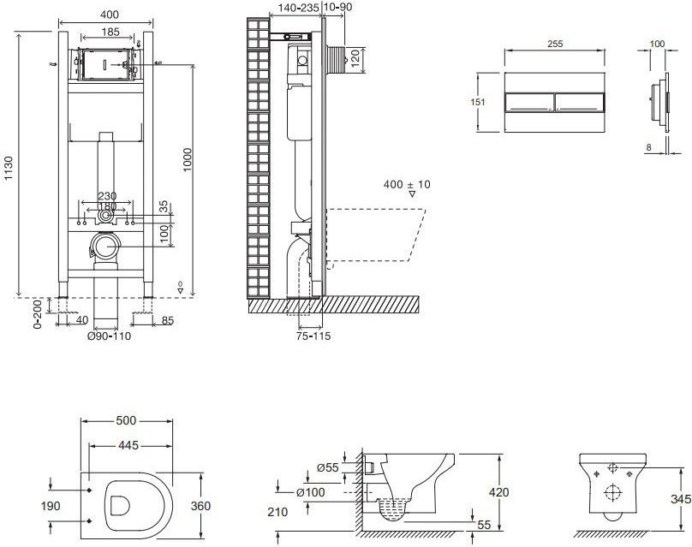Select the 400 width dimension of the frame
[109, 15]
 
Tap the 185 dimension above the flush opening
[110, 32]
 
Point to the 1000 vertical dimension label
[188, 160]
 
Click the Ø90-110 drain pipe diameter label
[109, 336]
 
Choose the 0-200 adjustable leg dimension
[38, 314]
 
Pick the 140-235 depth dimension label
[299, 7]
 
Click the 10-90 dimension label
[338, 7]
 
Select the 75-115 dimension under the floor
[313, 336]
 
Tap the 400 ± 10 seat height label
[407, 184]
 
